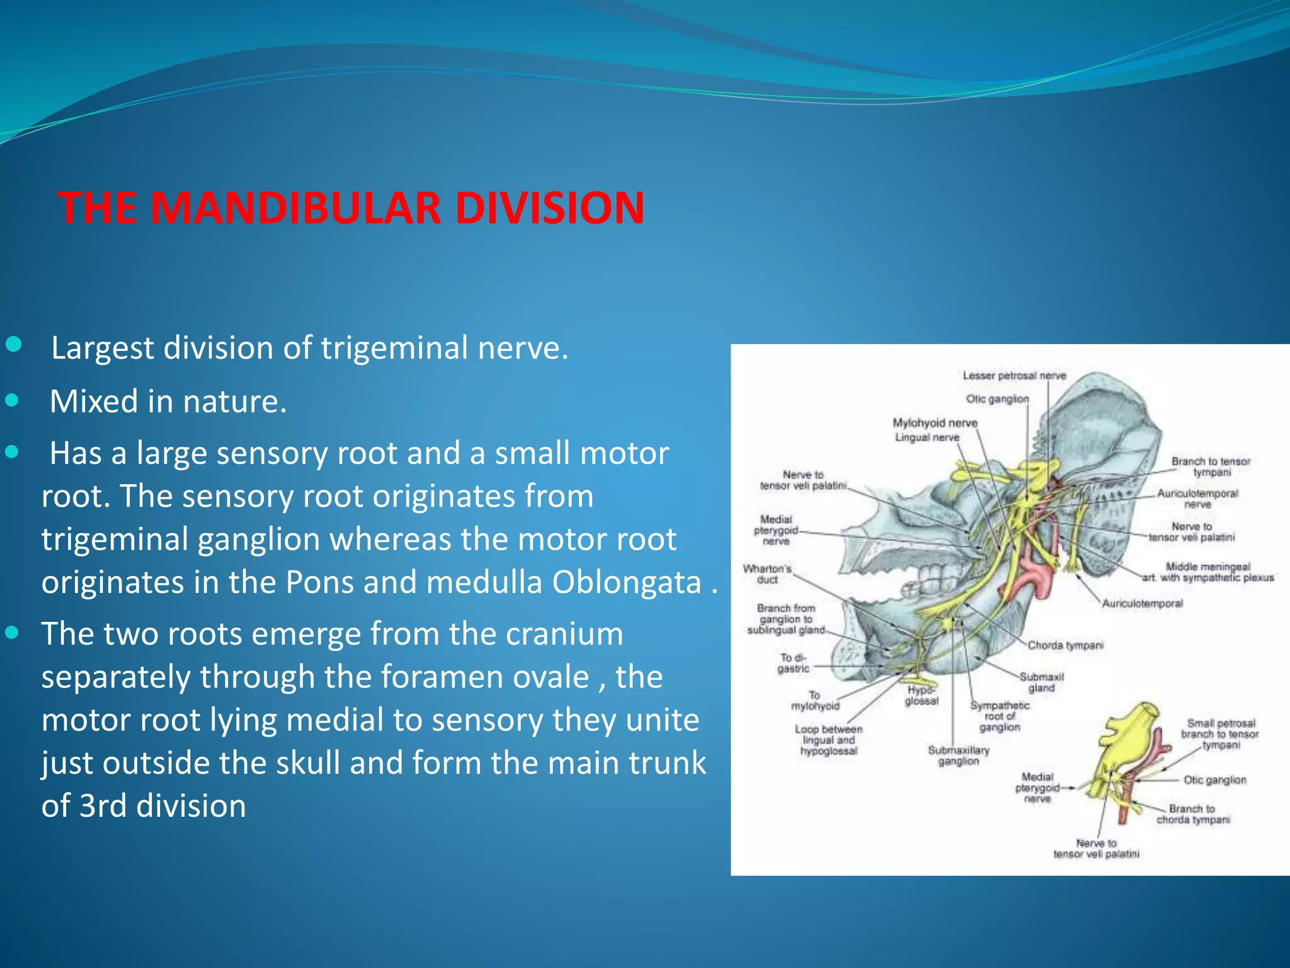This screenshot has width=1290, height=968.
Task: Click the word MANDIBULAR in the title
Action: pyautogui.click(x=295, y=208)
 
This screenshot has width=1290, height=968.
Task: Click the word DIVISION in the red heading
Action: pyautogui.click(x=549, y=208)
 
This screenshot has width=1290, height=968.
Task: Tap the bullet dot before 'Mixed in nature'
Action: pyautogui.click(x=12, y=400)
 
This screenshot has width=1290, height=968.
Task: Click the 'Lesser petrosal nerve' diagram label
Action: pyautogui.click(x=1014, y=376)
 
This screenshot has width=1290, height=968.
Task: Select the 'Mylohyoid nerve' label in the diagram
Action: pyautogui.click(x=935, y=423)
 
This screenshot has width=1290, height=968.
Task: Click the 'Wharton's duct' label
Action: pyautogui.click(x=767, y=574)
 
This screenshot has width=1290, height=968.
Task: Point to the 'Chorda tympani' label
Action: pyautogui.click(x=1066, y=645)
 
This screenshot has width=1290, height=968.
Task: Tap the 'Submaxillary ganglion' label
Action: pyautogui.click(x=959, y=756)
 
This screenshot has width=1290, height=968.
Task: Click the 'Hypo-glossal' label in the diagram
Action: pyautogui.click(x=922, y=695)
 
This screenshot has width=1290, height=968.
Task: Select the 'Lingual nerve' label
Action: pyautogui.click(x=927, y=437)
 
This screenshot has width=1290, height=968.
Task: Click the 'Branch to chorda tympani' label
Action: pyautogui.click(x=1192, y=814)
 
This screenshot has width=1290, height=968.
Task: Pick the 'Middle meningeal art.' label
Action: pyautogui.click(x=1207, y=572)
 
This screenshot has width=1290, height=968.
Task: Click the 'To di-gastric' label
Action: pyautogui.click(x=792, y=663)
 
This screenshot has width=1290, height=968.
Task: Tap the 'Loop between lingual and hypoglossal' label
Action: pyautogui.click(x=828, y=740)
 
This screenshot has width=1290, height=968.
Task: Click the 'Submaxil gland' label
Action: pyautogui.click(x=1041, y=683)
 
